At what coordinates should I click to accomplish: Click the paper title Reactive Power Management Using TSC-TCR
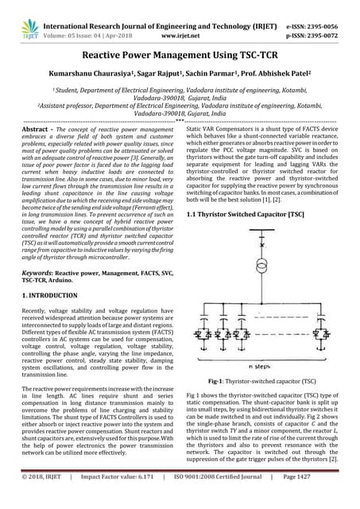(x=180, y=58)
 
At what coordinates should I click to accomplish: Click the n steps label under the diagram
(x=260, y=367)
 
